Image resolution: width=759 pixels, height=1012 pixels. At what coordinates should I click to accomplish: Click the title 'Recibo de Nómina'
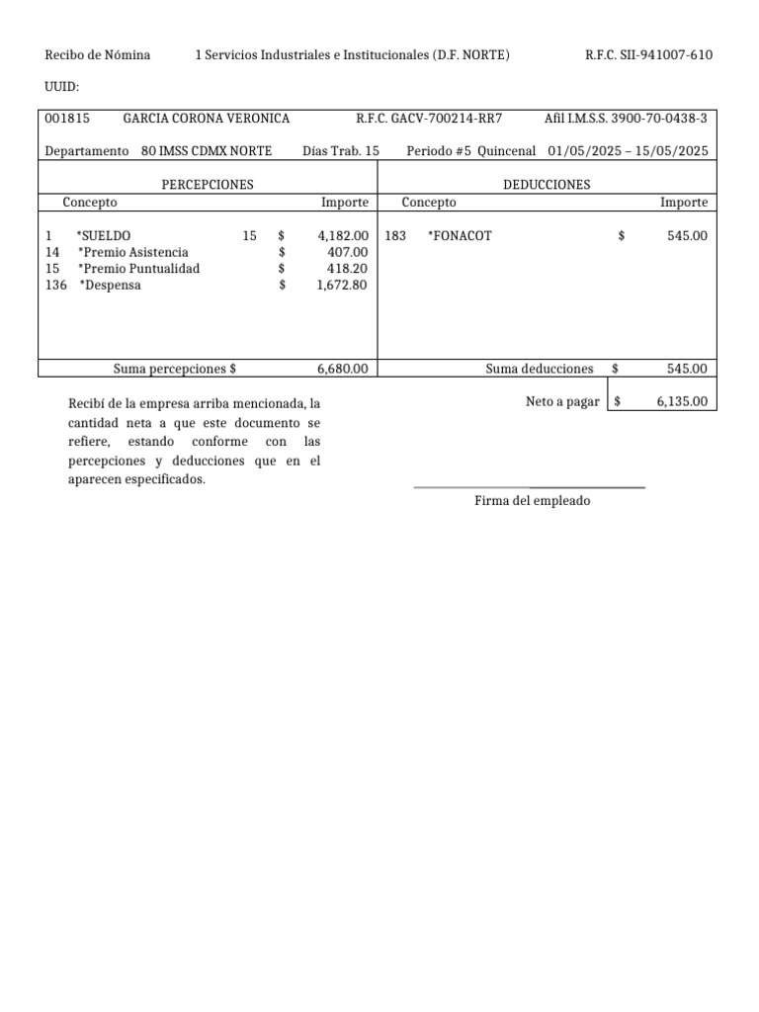(x=98, y=55)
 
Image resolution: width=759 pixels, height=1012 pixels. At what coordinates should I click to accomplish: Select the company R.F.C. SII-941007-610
(x=648, y=55)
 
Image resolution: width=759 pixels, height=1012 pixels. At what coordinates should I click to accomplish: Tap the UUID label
(x=62, y=87)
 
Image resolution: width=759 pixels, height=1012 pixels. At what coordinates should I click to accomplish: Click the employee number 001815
(x=67, y=119)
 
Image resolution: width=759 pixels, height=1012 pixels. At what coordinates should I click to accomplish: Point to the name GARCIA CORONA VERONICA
(x=206, y=119)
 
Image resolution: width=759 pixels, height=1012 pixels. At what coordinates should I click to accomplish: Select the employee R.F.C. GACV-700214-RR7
(x=429, y=119)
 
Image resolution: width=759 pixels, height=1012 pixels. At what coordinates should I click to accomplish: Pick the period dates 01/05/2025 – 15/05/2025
(x=628, y=151)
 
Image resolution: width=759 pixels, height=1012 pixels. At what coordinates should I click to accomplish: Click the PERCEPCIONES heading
(x=208, y=185)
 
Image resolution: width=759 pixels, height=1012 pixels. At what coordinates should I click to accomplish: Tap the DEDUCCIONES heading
(x=547, y=185)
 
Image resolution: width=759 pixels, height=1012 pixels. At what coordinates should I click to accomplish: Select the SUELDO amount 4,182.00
(x=343, y=236)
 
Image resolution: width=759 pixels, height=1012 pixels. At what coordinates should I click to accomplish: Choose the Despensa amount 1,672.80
(x=343, y=286)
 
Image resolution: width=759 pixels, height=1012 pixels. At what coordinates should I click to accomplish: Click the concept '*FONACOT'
(x=460, y=236)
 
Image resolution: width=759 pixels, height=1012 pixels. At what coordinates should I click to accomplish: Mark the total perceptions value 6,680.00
(x=343, y=369)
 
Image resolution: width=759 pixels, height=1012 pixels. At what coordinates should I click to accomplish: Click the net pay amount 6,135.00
(x=681, y=401)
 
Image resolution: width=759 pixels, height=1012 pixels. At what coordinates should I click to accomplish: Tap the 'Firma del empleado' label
(x=532, y=501)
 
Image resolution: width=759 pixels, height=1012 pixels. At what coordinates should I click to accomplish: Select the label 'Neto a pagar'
(x=562, y=401)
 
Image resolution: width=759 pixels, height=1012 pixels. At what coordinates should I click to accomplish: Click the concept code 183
(x=395, y=236)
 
